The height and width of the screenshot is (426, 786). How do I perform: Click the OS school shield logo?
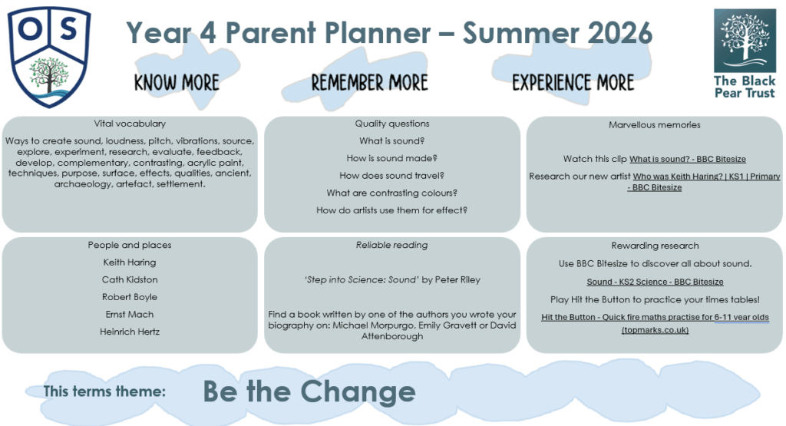[x=49, y=57]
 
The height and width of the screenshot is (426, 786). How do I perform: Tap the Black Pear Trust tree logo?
[x=745, y=41]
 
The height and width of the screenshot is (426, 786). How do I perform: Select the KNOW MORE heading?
[x=177, y=83]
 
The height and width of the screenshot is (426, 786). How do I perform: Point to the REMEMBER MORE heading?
[x=370, y=83]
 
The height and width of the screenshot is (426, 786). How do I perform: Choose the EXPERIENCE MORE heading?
[x=573, y=83]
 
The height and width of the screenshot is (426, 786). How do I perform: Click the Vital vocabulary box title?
[x=130, y=124]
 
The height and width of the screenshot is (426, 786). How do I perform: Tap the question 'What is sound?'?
[x=392, y=140]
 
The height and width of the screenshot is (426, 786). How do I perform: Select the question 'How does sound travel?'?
[x=392, y=176]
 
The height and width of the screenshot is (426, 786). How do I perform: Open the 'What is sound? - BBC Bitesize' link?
[x=688, y=160]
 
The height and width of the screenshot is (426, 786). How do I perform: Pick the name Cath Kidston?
[x=130, y=279]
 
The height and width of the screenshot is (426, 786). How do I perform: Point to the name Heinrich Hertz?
[x=130, y=332]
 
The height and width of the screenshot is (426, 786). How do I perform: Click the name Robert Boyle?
[x=130, y=297]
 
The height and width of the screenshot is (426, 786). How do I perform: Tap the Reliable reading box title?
[x=392, y=245]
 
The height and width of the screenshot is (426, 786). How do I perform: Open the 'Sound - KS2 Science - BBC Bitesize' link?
[x=656, y=282]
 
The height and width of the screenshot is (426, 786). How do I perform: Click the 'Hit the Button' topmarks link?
[x=656, y=323]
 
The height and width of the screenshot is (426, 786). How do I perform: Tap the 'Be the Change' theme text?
[x=309, y=391]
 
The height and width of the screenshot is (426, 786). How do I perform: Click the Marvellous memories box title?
[x=655, y=125]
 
